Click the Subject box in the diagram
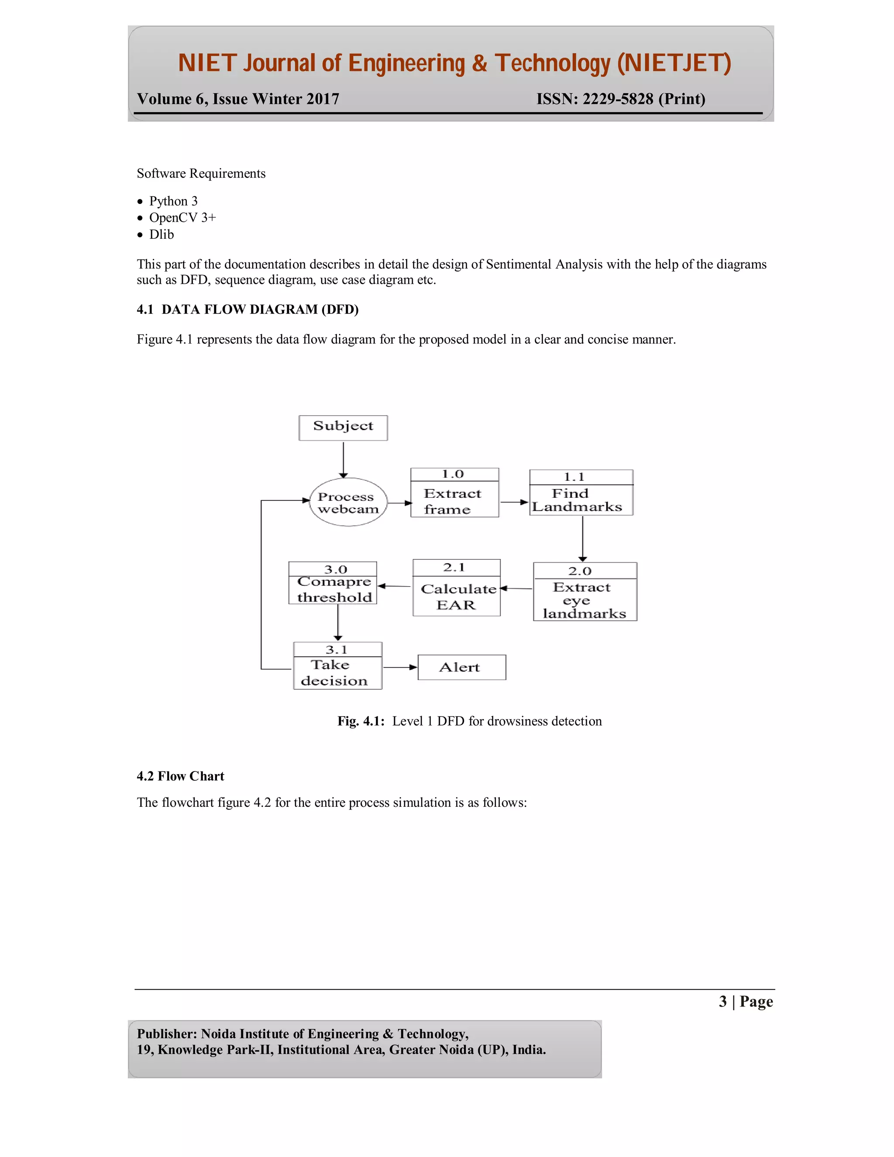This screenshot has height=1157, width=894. tap(343, 427)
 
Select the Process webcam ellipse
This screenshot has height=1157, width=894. tap(348, 502)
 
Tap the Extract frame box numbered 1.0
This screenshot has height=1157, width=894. tap(454, 492)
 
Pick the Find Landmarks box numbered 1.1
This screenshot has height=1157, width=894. tap(581, 492)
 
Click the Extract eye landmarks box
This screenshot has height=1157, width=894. tap(585, 592)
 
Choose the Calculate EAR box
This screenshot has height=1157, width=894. tap(457, 588)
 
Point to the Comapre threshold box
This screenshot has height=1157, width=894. tap(333, 583)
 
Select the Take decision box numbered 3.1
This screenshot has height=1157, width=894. tap(337, 666)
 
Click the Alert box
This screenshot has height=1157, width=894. tap(462, 668)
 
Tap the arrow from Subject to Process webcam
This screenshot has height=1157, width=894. tap(343, 459)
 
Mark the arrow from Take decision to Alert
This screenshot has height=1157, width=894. tap(400, 668)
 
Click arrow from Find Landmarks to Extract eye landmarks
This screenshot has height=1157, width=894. tap(583, 538)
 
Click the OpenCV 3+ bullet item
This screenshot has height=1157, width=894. tap(182, 218)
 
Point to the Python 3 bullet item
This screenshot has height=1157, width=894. tap(173, 201)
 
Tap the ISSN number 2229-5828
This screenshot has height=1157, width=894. tap(618, 99)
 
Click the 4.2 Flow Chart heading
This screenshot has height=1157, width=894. tap(181, 776)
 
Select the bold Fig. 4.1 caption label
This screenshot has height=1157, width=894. tap(361, 721)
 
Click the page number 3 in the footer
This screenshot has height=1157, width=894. tap(722, 1002)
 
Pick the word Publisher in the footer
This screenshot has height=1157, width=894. tap(166, 1034)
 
